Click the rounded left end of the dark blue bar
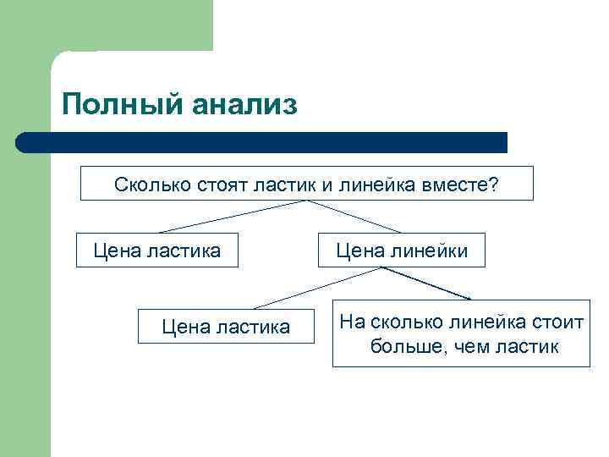point(23,142)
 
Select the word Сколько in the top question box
point(147,184)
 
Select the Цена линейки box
point(401,251)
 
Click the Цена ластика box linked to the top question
point(157,251)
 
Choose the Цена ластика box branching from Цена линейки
point(225,327)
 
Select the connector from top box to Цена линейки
point(355,217)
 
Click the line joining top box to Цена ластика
point(233,217)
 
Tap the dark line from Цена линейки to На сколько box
point(427,284)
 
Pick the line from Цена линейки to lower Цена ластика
point(317,288)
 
